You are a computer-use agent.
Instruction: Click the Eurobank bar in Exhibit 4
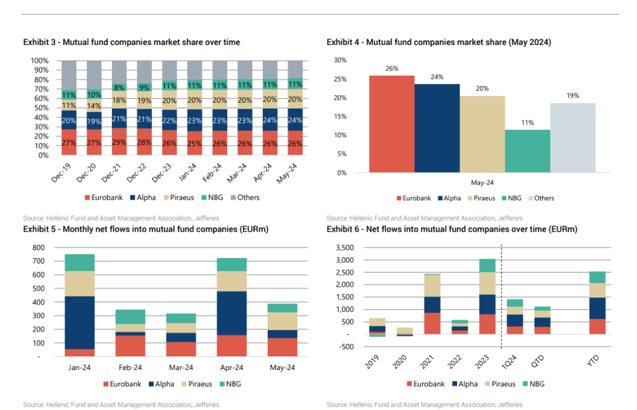tap(392, 124)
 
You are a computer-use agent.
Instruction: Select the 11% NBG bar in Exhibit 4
tap(528, 151)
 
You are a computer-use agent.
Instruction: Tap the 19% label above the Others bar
tap(572, 96)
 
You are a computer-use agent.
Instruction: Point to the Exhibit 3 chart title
tap(131, 42)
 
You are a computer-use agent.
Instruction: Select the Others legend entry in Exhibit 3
tap(244, 197)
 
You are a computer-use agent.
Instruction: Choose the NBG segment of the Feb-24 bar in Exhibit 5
tap(130, 316)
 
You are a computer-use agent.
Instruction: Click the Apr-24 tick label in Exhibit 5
tap(231, 368)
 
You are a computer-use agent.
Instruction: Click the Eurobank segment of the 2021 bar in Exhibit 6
tap(432, 323)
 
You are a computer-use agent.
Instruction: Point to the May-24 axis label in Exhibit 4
tap(482, 183)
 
